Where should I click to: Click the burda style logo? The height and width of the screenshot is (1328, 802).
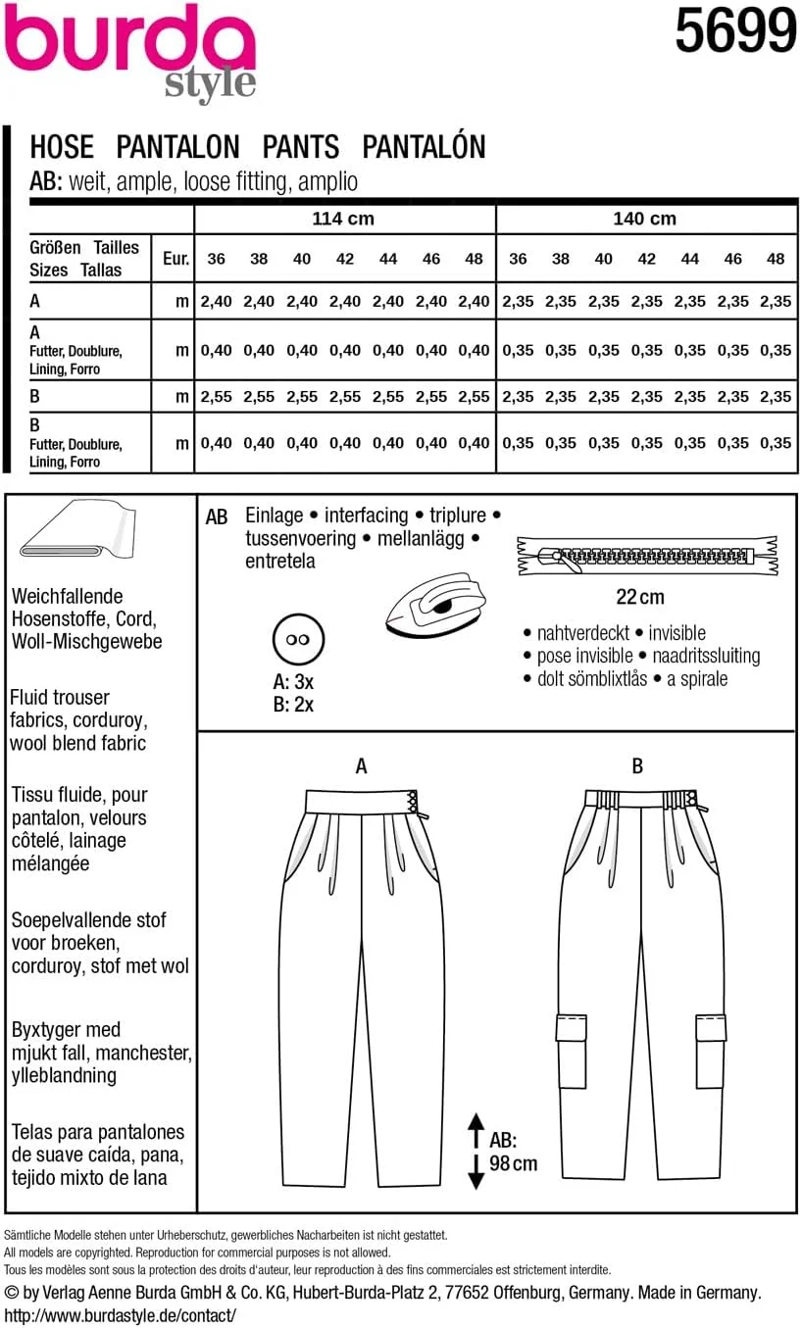[x=132, y=49]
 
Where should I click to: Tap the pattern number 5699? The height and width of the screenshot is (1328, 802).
[x=734, y=30]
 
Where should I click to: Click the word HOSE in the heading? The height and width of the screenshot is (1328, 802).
[x=62, y=147]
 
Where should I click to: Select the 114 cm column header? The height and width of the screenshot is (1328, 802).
[x=343, y=219]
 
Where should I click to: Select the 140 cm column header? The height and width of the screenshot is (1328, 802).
[x=644, y=219]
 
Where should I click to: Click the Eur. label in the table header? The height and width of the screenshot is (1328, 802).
[x=175, y=259]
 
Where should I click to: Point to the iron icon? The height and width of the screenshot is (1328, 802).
[x=436, y=604]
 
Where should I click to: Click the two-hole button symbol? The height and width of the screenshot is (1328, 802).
[x=291, y=639]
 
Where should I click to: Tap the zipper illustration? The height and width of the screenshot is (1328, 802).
[x=647, y=556]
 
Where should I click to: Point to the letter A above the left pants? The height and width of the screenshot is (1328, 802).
[x=361, y=766]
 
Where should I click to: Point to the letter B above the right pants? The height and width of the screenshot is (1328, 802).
[x=637, y=766]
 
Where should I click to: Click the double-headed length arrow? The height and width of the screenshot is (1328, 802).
[x=476, y=1151]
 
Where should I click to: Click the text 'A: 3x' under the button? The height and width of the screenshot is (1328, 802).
[x=293, y=682]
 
